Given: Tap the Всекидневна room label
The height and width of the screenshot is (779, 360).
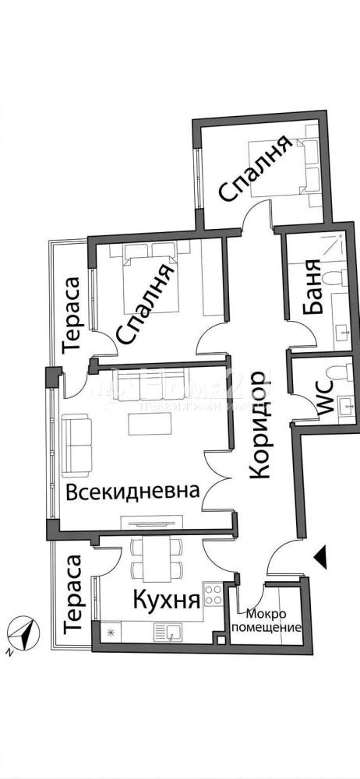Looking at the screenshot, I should tap(132, 492).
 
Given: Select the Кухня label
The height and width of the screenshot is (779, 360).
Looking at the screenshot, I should tap(165, 599).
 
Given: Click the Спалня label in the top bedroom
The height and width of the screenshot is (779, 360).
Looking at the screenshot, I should tap(255, 169).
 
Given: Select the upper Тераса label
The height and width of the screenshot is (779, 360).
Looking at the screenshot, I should tap(72, 316).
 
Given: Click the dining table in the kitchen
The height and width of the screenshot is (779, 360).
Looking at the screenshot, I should tap(153, 558).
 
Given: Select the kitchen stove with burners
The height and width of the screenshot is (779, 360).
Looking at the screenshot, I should tap(213, 596).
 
